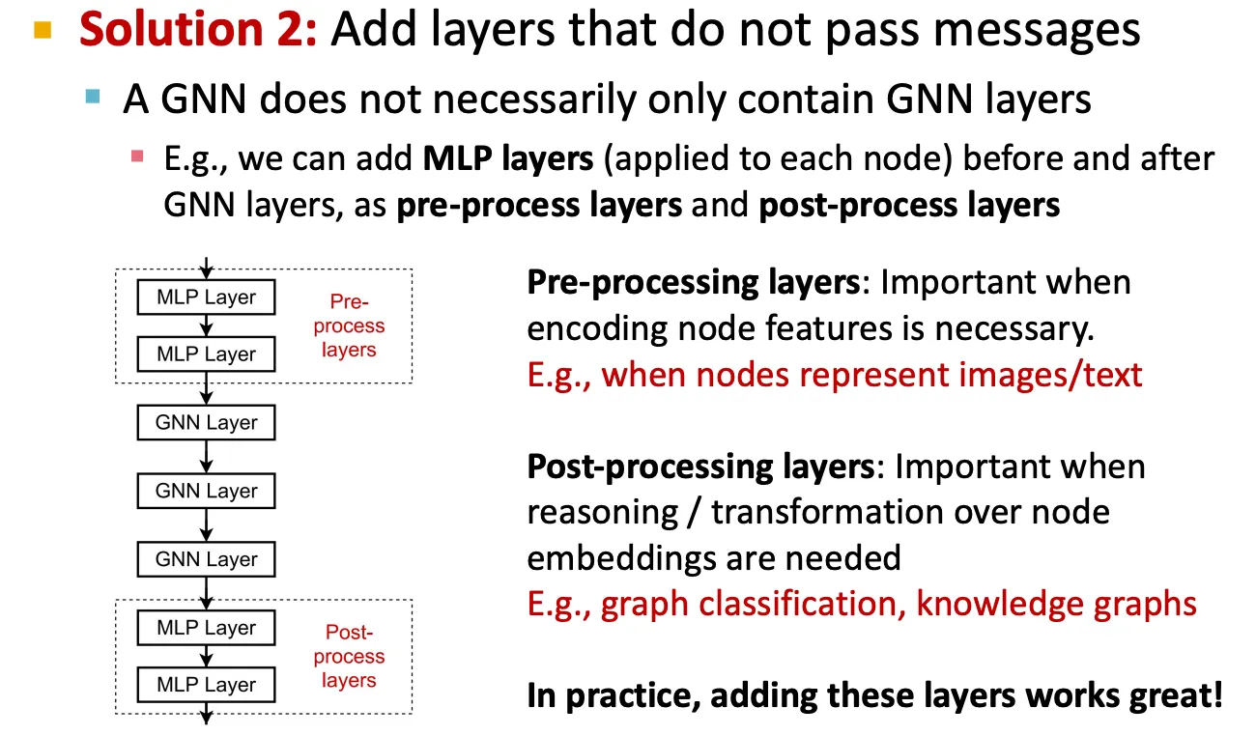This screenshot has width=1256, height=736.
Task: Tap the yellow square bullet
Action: click(43, 30)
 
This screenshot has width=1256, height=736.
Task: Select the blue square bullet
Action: click(93, 97)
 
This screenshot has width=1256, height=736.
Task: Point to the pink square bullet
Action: click(137, 156)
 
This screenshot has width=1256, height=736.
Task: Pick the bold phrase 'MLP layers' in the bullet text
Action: click(508, 158)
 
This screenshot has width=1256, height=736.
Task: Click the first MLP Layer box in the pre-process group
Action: click(207, 297)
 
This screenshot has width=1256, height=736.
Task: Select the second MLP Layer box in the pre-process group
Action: click(207, 354)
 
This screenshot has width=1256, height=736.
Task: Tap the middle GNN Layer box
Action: click(207, 491)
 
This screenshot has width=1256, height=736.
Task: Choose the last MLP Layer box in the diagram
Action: click(207, 685)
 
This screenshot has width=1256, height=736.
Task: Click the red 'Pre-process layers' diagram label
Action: click(349, 326)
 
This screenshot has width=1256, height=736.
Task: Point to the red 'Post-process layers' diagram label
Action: click(349, 656)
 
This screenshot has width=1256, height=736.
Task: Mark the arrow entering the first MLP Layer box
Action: click(207, 269)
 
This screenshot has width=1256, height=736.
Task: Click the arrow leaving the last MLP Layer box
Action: click(207, 714)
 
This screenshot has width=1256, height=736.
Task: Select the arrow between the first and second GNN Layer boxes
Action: click(207, 457)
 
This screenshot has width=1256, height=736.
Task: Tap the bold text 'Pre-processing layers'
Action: click(694, 282)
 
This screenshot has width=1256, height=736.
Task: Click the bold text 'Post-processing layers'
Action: click(700, 467)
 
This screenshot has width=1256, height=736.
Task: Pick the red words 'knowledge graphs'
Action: click(1056, 605)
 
